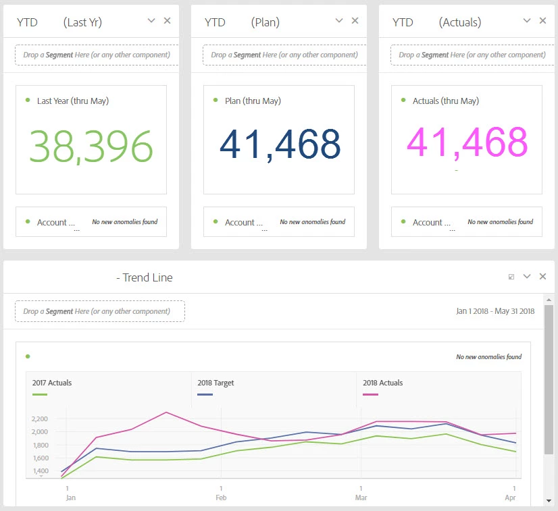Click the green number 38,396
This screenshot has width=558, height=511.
tap(91, 146)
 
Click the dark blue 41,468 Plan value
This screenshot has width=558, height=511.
tap(280, 144)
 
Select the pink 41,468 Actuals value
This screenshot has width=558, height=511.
tap(467, 142)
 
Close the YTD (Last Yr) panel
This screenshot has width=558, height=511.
tap(168, 21)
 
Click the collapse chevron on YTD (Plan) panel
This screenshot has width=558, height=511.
tap(340, 21)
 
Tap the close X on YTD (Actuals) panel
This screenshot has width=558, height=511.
tap(542, 21)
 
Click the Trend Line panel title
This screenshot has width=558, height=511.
tap(145, 277)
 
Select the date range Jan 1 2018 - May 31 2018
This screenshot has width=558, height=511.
tap(495, 311)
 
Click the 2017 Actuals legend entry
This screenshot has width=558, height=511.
tap(52, 383)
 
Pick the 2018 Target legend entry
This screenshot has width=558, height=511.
tap(215, 383)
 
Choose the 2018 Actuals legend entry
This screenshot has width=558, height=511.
tap(382, 383)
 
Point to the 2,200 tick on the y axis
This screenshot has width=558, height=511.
tap(39, 419)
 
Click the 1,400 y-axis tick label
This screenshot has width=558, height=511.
tap(39, 471)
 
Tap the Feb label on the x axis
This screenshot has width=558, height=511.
tap(221, 497)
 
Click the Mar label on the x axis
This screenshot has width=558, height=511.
tap(361, 497)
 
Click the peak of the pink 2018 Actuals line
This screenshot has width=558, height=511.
tap(166, 412)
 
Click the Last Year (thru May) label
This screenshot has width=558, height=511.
tap(73, 101)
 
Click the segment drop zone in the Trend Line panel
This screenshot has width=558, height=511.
tap(100, 311)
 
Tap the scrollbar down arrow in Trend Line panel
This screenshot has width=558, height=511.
tap(549, 500)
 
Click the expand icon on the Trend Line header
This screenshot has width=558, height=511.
tap(511, 277)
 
